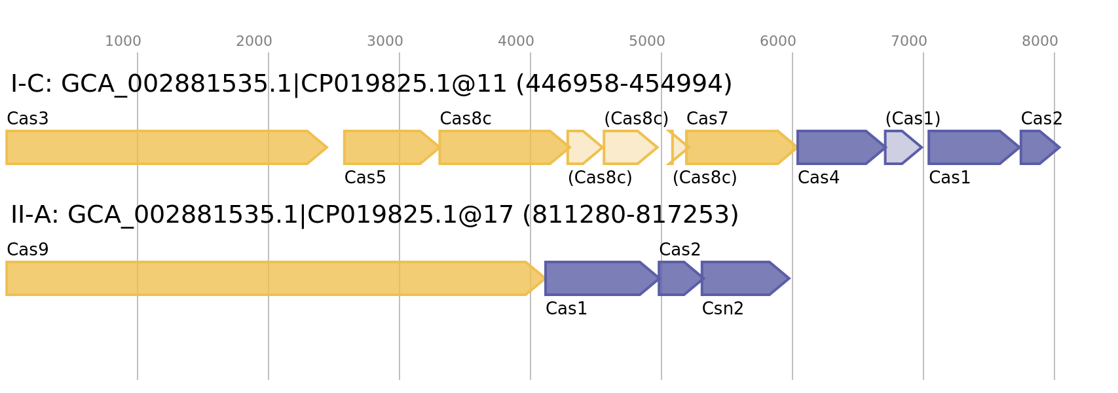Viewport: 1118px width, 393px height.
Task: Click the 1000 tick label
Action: (122, 41)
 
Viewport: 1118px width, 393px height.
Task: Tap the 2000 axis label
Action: (253, 41)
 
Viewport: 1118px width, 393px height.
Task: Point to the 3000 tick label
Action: (384, 41)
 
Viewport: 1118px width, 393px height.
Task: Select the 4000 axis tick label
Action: (515, 41)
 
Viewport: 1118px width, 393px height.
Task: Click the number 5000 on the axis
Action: (646, 41)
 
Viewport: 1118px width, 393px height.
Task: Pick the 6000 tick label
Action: (777, 41)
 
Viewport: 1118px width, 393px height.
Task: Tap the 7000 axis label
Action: (908, 41)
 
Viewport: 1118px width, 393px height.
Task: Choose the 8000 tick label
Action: (1039, 41)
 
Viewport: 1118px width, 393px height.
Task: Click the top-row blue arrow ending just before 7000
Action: (901, 147)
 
